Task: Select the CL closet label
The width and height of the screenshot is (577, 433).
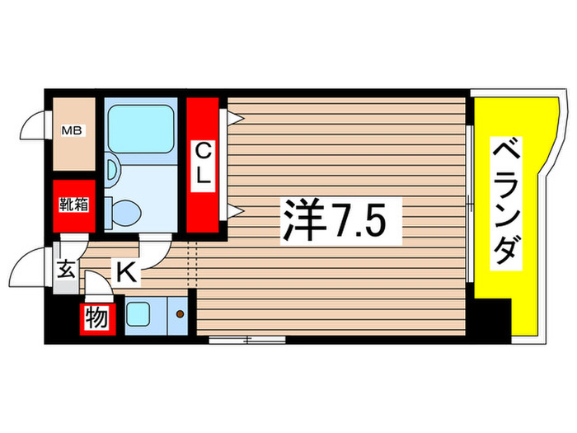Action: pyautogui.click(x=202, y=162)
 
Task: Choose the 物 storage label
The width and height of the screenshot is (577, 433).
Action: pyautogui.click(x=96, y=318)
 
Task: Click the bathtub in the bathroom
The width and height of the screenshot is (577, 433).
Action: pyautogui.click(x=140, y=129)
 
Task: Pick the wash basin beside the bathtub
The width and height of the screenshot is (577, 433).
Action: pyautogui.click(x=112, y=170)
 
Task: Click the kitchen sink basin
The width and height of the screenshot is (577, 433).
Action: pyautogui.click(x=138, y=313)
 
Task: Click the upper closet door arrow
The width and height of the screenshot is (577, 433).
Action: pyautogui.click(x=234, y=119)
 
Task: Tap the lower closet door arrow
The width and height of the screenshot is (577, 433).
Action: pyautogui.click(x=234, y=212)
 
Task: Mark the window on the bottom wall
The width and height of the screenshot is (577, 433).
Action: pyautogui.click(x=246, y=339)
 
